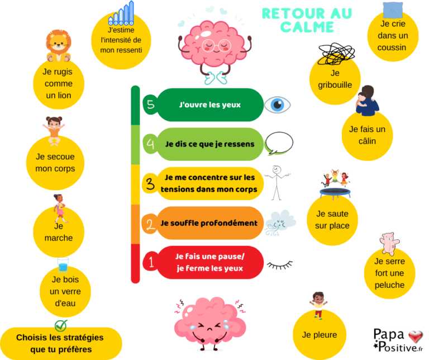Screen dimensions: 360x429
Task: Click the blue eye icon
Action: [278, 105]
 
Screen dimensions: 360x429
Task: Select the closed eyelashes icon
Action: [280, 264]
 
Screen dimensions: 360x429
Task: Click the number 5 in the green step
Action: [149, 105]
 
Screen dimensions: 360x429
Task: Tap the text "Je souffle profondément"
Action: [209, 223]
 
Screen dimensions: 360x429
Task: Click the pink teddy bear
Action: [389, 244]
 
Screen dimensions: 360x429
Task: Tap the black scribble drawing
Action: [336, 54]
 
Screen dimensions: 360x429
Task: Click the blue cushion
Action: [394, 10]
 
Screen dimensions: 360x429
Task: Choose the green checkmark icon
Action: [61, 325]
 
